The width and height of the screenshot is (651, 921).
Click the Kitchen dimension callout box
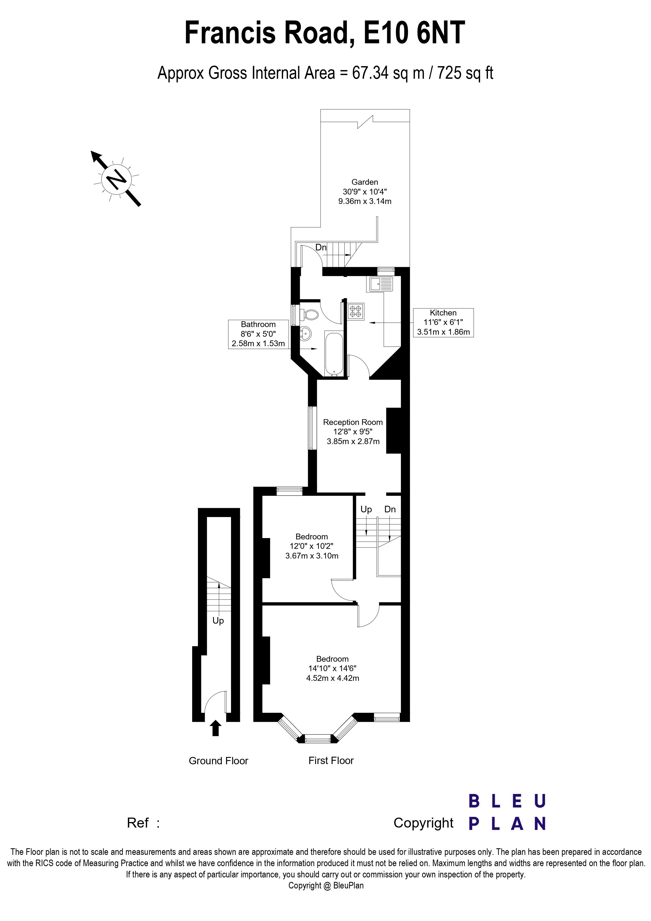[443, 323]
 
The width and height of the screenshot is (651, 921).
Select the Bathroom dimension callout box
[258, 334]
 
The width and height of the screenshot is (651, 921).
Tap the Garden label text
[365, 182]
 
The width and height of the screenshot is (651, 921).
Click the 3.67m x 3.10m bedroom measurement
[312, 556]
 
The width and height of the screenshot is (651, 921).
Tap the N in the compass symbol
[116, 179]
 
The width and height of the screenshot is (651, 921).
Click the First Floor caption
[331, 761]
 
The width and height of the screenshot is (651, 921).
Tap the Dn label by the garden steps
[321, 248]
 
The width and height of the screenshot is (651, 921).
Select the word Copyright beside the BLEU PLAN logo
[423, 823]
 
